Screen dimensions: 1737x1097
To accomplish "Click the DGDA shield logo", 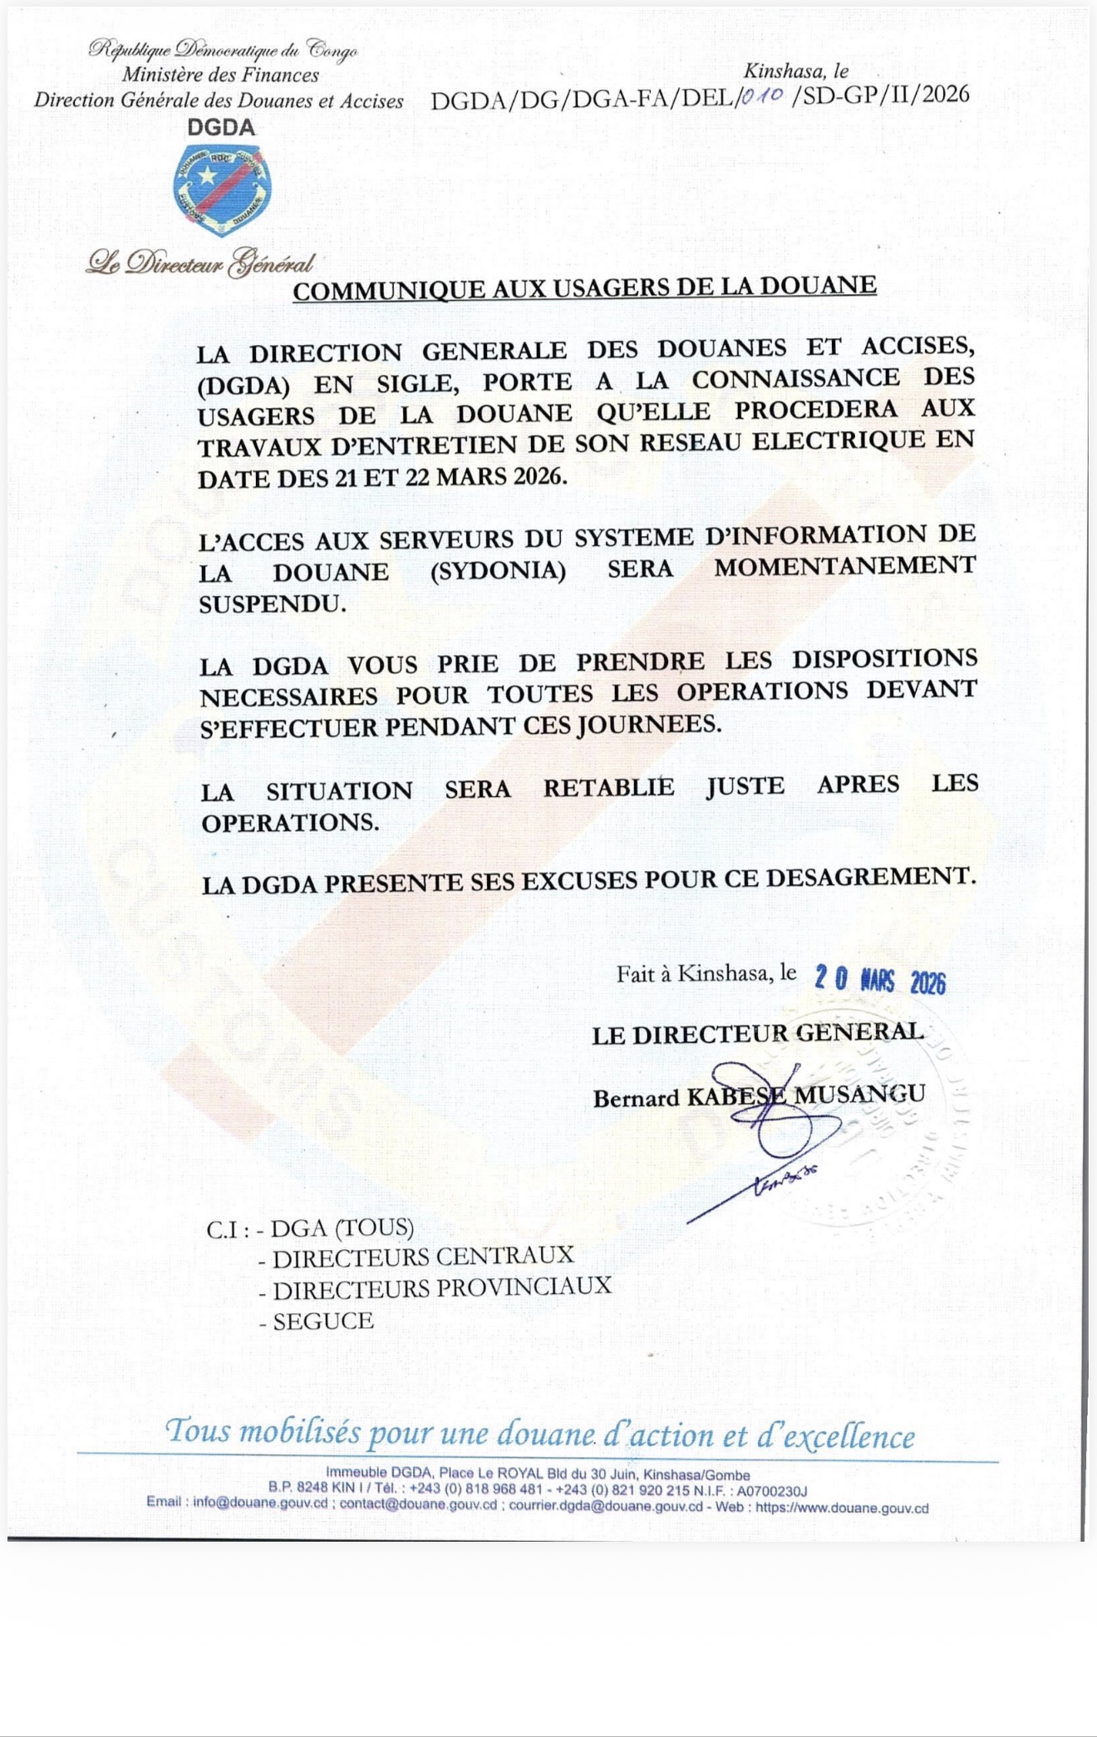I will [x=222, y=189].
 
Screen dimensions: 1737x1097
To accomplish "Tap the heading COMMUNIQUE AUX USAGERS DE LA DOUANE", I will [x=584, y=288].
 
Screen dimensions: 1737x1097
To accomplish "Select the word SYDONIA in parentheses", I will [x=498, y=572].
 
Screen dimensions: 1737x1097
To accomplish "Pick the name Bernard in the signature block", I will [x=636, y=1099].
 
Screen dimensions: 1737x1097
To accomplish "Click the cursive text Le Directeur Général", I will [x=200, y=263].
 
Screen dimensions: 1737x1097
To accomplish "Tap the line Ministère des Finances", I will [x=220, y=75].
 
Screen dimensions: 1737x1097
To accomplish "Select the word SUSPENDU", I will [x=273, y=604].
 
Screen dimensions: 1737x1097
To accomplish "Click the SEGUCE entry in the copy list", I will [x=323, y=1321].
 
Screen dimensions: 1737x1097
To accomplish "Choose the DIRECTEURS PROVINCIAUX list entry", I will [x=441, y=1288].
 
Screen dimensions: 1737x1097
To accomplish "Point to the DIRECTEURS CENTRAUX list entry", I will [x=423, y=1257].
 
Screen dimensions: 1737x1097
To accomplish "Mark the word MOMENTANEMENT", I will [x=844, y=568].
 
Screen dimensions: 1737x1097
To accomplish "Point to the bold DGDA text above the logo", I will [x=221, y=127].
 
